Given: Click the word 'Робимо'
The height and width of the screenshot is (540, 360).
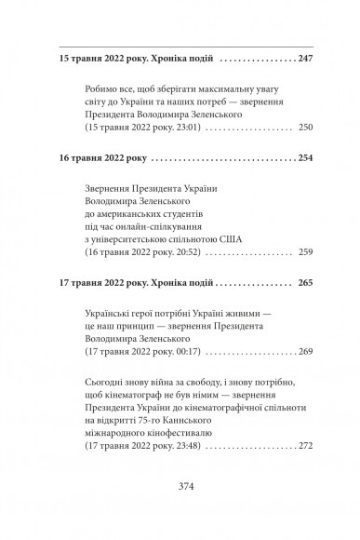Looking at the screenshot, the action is tap(101, 91).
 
